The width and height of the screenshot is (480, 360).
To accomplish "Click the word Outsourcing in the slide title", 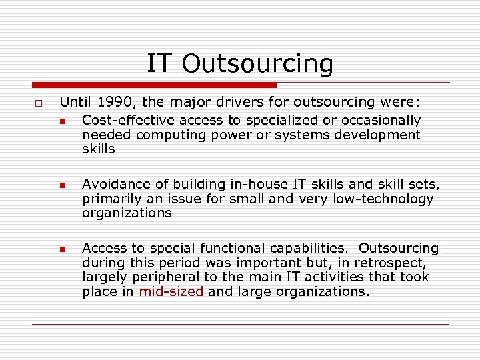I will coord(257,64).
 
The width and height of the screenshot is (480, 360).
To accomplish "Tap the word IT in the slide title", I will coord(159,64).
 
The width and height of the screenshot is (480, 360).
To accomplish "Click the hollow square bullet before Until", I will coord(39,104).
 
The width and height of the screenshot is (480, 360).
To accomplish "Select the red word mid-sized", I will coord(171,291).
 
